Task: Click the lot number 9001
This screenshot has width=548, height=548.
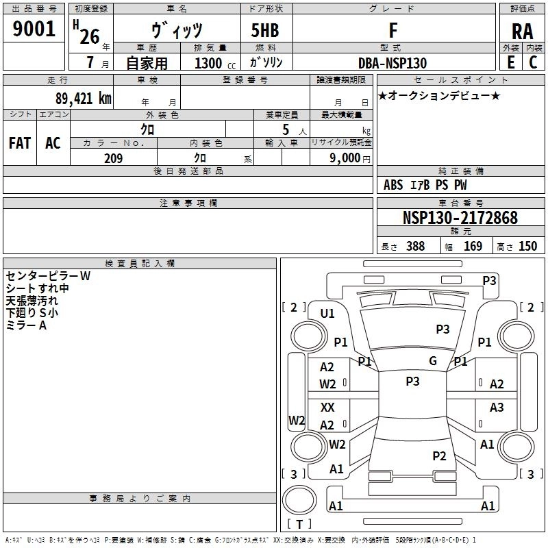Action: pyautogui.click(x=34, y=28)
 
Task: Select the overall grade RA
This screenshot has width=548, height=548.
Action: pyautogui.click(x=522, y=32)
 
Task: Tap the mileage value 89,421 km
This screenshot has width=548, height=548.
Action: pyautogui.click(x=84, y=99)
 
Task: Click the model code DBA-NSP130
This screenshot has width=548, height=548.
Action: pyautogui.click(x=393, y=63)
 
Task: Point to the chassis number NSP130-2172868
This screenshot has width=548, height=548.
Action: pyautogui.click(x=460, y=217)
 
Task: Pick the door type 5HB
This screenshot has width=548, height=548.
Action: pyautogui.click(x=265, y=30)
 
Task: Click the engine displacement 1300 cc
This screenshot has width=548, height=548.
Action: pyautogui.click(x=215, y=63)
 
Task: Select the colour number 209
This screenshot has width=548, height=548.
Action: pyautogui.click(x=113, y=158)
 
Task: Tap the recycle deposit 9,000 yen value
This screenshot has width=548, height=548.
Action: pyautogui.click(x=350, y=158)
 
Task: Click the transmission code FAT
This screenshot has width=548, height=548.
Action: pyautogui.click(x=20, y=143)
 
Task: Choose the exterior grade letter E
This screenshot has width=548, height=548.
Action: pyautogui.click(x=511, y=62)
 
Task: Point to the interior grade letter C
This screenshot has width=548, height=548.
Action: pyautogui.click(x=533, y=62)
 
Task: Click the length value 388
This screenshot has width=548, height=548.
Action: pyautogui.click(x=415, y=246)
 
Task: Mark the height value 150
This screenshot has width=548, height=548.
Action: pyautogui.click(x=527, y=246)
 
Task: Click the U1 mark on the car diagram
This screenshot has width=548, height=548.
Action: pyautogui.click(x=327, y=314)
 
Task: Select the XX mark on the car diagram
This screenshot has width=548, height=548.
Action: pyautogui.click(x=327, y=407)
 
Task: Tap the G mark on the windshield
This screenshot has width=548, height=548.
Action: pyautogui.click(x=433, y=360)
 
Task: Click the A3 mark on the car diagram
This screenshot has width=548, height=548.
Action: pyautogui.click(x=497, y=407)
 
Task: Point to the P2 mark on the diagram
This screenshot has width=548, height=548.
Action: pyautogui.click(x=439, y=456)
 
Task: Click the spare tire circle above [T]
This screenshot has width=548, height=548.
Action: pyautogui.click(x=299, y=500)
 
